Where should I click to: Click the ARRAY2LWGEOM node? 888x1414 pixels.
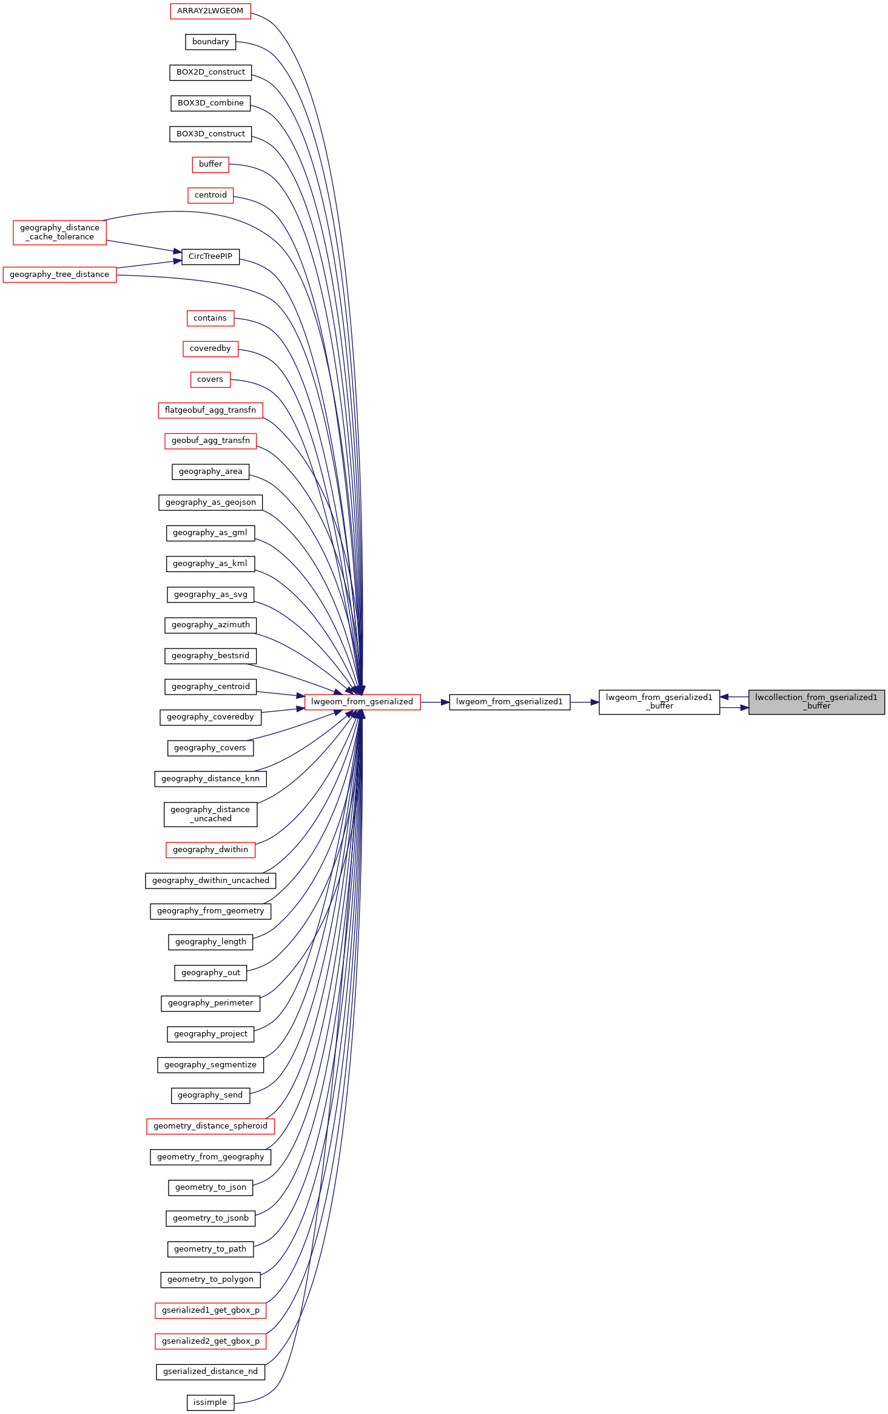pyautogui.click(x=210, y=11)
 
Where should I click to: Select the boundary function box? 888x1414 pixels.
pyautogui.click(x=210, y=42)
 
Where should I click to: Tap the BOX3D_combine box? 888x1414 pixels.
pyautogui.click(x=210, y=103)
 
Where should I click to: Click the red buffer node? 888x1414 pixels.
pyautogui.click(x=210, y=164)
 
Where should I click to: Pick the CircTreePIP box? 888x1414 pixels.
pyautogui.click(x=210, y=256)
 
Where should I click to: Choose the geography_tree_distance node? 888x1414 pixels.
pyautogui.click(x=59, y=275)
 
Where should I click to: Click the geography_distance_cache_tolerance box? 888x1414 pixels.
pyautogui.click(x=59, y=233)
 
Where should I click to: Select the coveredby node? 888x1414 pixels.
pyautogui.click(x=210, y=348)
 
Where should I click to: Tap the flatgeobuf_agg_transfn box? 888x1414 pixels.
pyautogui.click(x=210, y=410)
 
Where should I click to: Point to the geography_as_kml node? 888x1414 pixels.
pyautogui.click(x=210, y=564)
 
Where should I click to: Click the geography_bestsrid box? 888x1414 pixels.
pyautogui.click(x=210, y=656)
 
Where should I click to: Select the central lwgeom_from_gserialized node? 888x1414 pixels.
pyautogui.click(x=362, y=702)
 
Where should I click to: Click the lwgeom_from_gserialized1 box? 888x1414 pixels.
pyautogui.click(x=510, y=702)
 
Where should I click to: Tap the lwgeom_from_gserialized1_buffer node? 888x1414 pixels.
pyautogui.click(x=659, y=702)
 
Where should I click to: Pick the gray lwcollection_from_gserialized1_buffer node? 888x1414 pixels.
pyautogui.click(x=816, y=702)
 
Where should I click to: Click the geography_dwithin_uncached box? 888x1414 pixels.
pyautogui.click(x=210, y=881)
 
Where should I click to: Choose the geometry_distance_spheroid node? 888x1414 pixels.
pyautogui.click(x=210, y=1126)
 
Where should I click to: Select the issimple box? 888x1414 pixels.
pyautogui.click(x=210, y=1402)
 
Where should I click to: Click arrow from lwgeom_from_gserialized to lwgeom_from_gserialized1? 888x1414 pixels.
pyautogui.click(x=435, y=702)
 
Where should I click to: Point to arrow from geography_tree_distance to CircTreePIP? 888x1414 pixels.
pyautogui.click(x=149, y=264)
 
